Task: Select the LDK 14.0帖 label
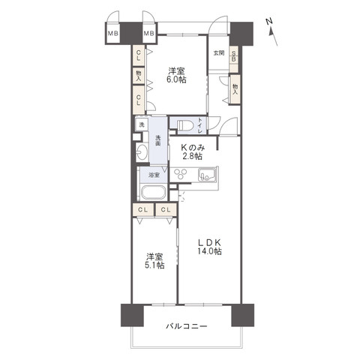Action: (x=209, y=247)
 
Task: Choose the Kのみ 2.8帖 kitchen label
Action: (x=193, y=152)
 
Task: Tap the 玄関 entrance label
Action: (x=218, y=53)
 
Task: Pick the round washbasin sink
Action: (x=142, y=152)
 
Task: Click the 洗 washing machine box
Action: (x=141, y=125)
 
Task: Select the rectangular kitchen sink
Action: (x=206, y=175)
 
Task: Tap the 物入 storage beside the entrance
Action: (x=235, y=88)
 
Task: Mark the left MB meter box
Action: (x=114, y=33)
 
